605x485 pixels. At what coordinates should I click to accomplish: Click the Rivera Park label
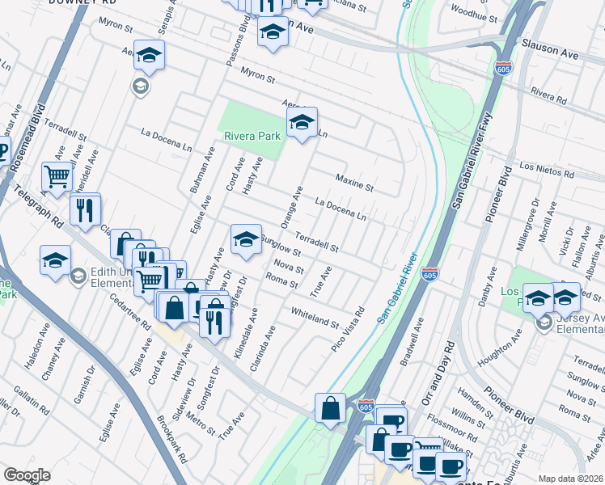click(x=252, y=137)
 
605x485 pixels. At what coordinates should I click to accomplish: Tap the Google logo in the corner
click(x=26, y=474)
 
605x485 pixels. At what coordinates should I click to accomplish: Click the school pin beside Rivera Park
click(x=302, y=124)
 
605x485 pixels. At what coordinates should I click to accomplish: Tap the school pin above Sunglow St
click(x=246, y=239)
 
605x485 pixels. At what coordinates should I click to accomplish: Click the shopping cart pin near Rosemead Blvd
click(x=57, y=175)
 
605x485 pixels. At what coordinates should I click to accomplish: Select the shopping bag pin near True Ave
click(x=331, y=408)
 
